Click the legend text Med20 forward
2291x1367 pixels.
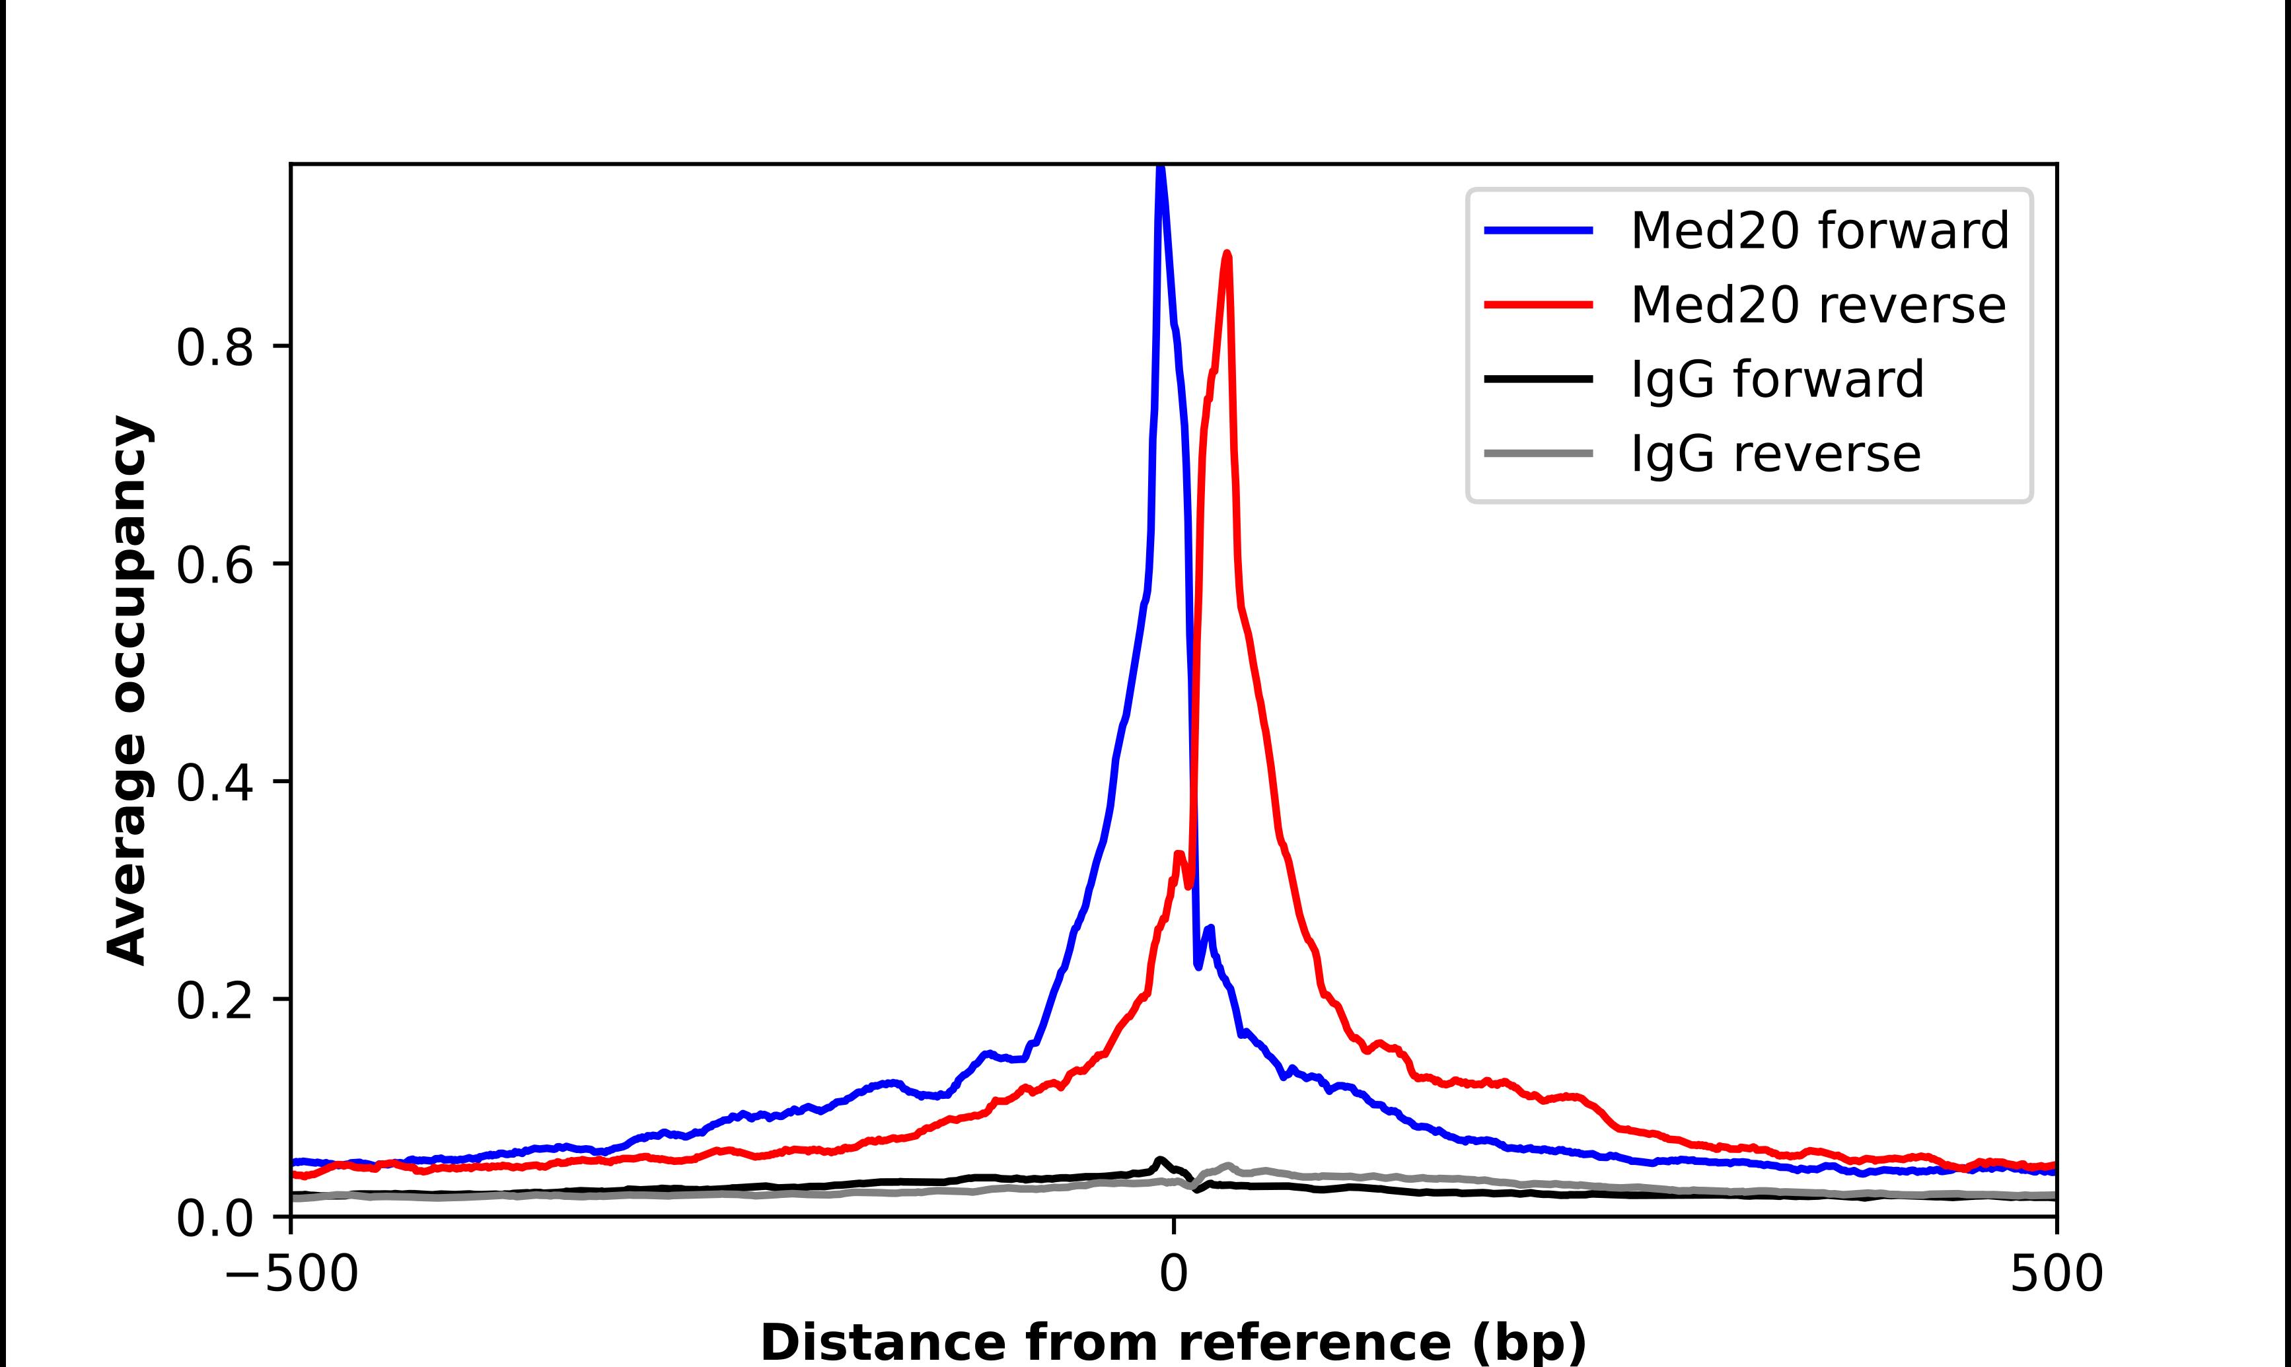tap(1819, 230)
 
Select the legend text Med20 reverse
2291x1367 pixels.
tap(1817, 305)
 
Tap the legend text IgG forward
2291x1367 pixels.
tap(1777, 380)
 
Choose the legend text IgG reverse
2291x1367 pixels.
tap(1775, 454)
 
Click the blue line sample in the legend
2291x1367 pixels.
tap(1539, 230)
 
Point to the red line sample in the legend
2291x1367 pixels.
tap(1539, 305)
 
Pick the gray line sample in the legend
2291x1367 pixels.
tap(1539, 453)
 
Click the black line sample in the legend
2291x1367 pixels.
tap(1539, 378)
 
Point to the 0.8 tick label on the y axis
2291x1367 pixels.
tap(214, 348)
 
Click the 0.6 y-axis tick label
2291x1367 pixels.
tap(214, 565)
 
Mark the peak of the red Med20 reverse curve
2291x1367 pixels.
tap(1226, 254)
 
